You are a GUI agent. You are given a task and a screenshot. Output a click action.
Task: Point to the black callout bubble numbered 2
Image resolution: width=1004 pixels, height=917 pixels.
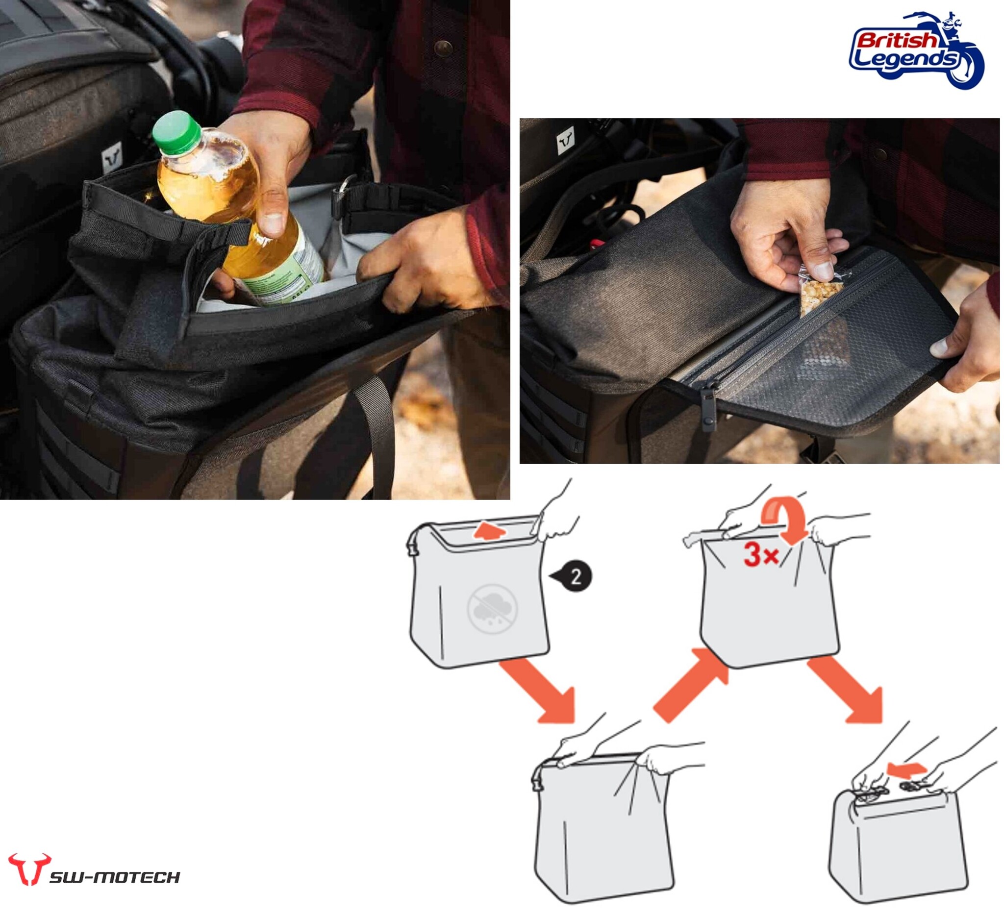[572, 576]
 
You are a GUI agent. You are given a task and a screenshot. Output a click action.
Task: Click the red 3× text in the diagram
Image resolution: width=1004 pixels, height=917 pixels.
[760, 555]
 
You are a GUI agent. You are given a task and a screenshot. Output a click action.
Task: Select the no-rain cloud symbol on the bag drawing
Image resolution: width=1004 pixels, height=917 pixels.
[492, 608]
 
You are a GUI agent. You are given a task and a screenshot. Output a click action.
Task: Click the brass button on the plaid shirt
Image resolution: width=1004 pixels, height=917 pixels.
[443, 49]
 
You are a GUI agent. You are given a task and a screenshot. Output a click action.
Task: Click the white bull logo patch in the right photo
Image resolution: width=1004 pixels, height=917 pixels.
[565, 141]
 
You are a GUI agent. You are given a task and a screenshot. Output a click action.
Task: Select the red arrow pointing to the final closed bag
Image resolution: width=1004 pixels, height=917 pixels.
[847, 690]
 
